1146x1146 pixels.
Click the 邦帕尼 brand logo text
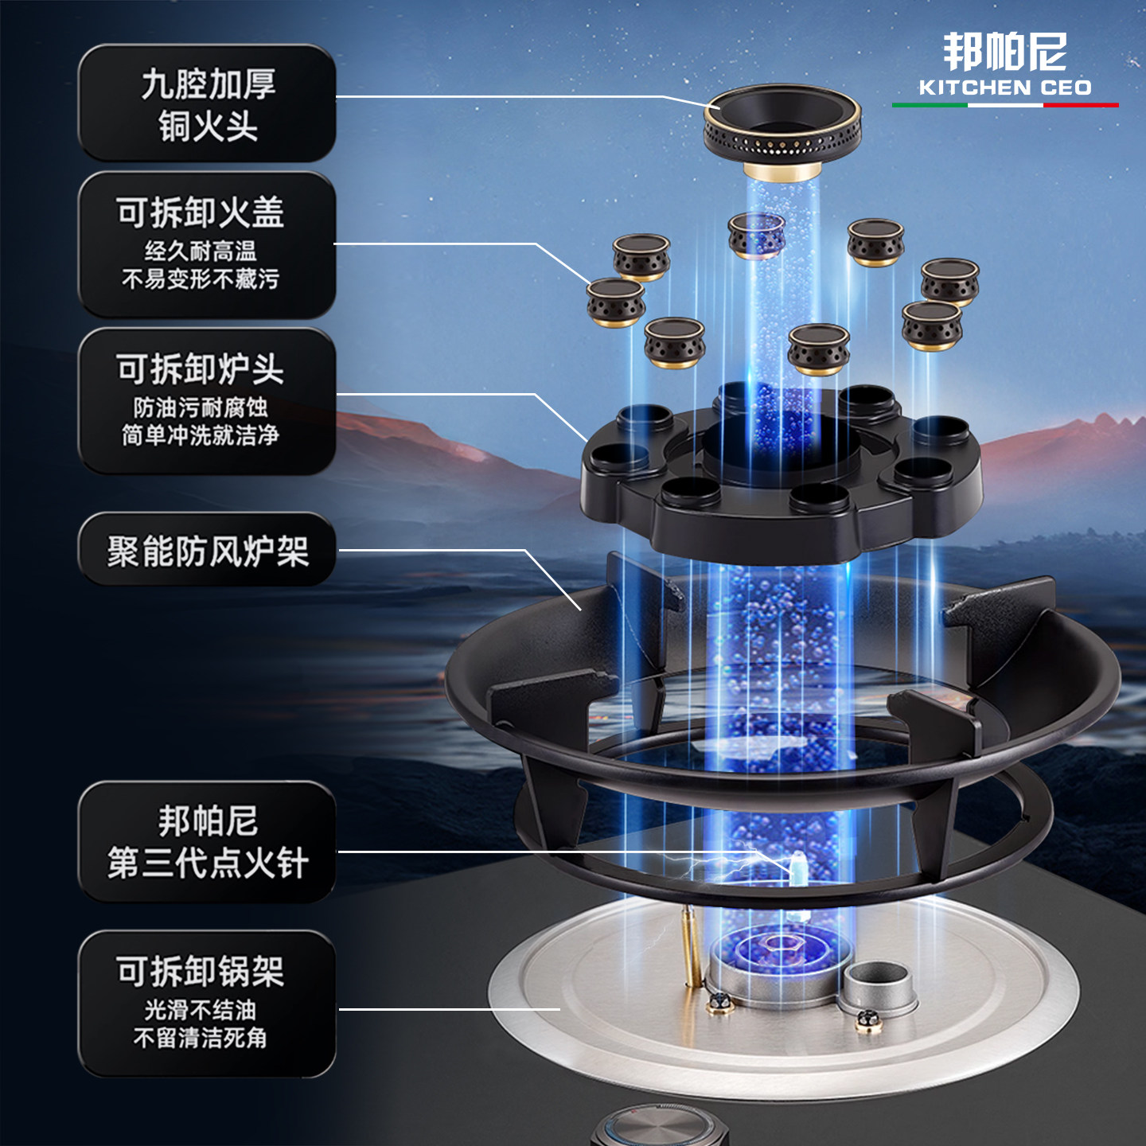[1004, 53]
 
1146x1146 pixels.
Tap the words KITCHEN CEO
[1004, 88]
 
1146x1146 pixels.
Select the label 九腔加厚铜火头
[208, 104]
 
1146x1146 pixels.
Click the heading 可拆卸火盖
[200, 212]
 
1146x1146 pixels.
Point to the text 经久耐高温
[200, 251]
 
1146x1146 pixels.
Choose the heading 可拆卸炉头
[200, 369]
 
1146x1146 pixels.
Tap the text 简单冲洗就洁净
[200, 435]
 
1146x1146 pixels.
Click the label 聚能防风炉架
[208, 551]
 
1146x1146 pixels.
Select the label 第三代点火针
[208, 863]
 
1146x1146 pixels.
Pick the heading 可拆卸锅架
[200, 971]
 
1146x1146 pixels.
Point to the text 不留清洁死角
[200, 1038]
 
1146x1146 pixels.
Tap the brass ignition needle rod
[688, 947]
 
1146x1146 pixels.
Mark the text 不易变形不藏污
[200, 279]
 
